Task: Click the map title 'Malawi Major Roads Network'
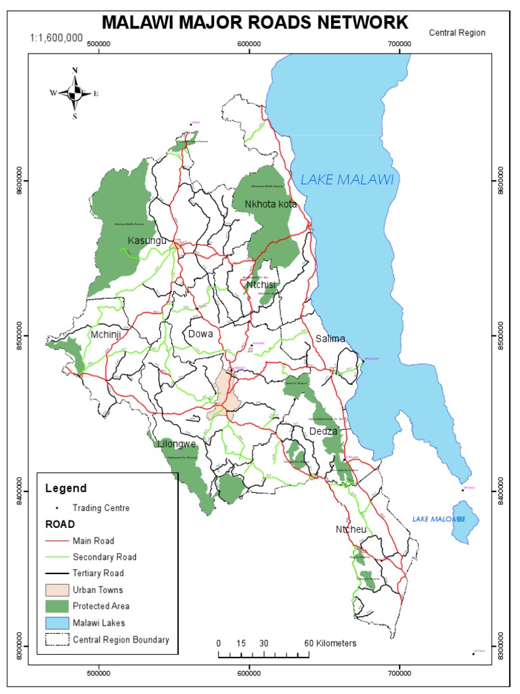tap(255, 23)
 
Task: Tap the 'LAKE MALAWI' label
tap(347, 180)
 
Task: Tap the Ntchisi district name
tap(262, 285)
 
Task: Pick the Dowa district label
tap(201, 334)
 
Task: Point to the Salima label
tap(330, 339)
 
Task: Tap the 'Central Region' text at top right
tap(457, 32)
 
